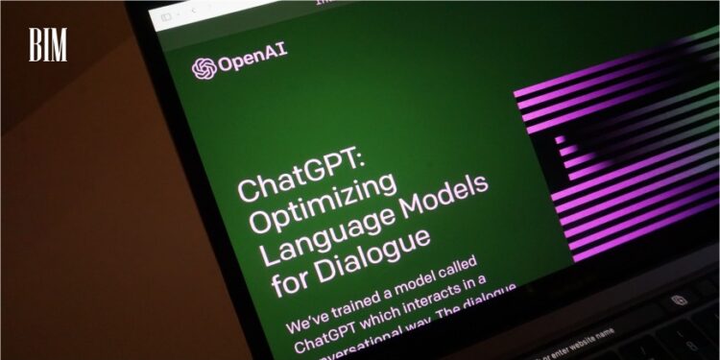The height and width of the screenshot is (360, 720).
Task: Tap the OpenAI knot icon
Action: [203, 67]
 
